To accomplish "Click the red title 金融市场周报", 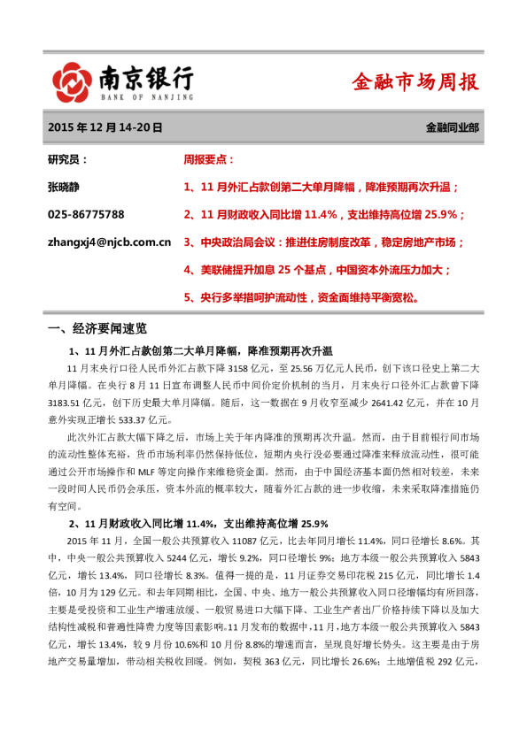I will [415, 83].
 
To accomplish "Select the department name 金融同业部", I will [452, 128].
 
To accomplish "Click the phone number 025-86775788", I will [85, 214].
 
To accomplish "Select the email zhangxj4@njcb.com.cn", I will [108, 241].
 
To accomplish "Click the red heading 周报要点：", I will [209, 160].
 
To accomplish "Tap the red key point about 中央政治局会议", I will [323, 242].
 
